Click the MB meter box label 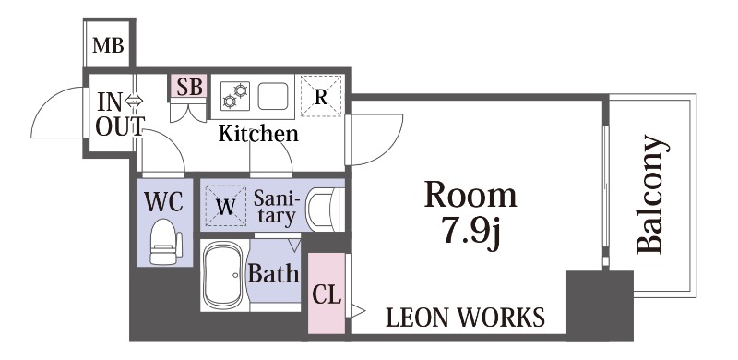[x=108, y=46]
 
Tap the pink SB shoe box [x=189, y=87]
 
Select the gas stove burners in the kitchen [x=235, y=96]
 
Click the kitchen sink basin [x=273, y=96]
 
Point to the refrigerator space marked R [x=321, y=97]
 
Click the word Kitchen [x=258, y=134]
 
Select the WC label [x=163, y=201]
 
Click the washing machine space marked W [x=225, y=206]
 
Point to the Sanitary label [x=276, y=208]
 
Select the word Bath [x=273, y=272]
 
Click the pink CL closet [x=327, y=294]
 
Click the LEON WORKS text [x=466, y=318]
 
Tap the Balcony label [x=652, y=195]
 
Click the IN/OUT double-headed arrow [x=134, y=100]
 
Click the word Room [x=470, y=195]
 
